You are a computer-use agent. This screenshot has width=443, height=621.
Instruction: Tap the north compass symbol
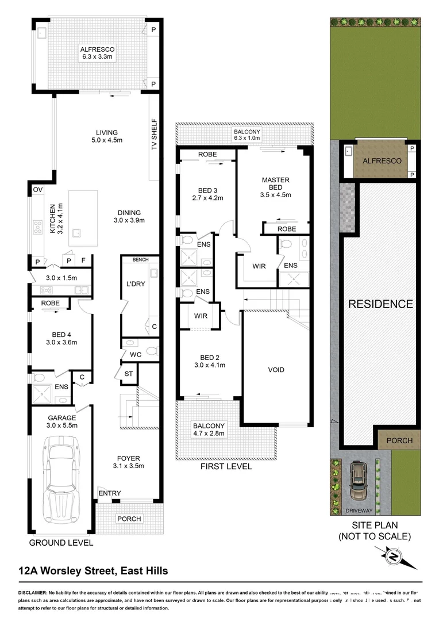(394, 557)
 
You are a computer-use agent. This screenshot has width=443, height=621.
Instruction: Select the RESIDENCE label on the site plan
(380, 304)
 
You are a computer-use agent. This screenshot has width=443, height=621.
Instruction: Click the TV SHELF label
(154, 139)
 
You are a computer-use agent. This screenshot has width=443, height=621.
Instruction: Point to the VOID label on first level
(276, 370)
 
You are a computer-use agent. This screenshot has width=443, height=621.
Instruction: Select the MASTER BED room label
(275, 183)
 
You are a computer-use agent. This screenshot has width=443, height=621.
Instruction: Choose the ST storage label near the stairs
(128, 374)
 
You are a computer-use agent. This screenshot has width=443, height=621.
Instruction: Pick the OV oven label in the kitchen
(38, 189)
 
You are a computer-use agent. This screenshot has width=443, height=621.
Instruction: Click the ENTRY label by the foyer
(109, 493)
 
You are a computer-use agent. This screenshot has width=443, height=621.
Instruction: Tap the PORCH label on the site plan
(399, 440)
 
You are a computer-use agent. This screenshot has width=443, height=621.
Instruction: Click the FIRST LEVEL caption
(226, 466)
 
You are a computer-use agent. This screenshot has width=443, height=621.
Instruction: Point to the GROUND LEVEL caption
(61, 542)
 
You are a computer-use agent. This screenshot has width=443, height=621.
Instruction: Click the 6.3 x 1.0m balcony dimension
(247, 138)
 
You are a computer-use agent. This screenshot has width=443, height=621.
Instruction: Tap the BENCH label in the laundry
(140, 260)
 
